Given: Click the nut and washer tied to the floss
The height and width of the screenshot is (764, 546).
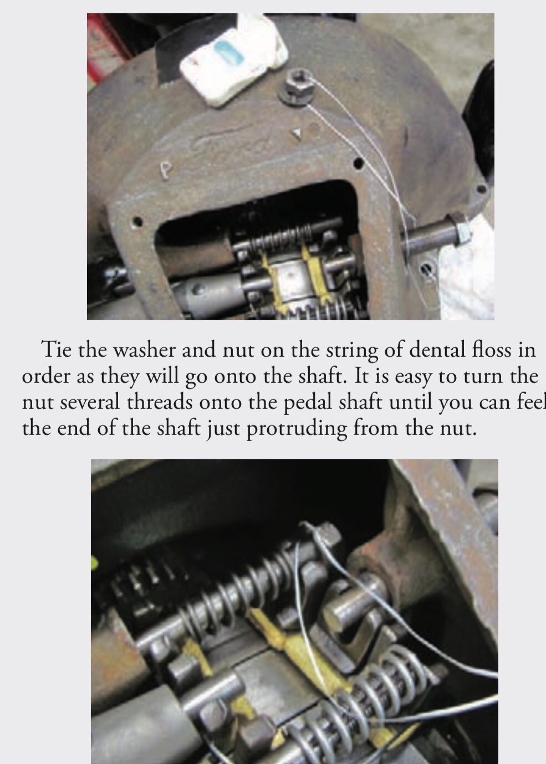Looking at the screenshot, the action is coord(298,88).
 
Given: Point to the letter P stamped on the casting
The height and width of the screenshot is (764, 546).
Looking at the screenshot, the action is coord(166,170).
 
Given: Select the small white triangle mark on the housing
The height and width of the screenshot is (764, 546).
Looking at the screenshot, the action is coord(298,134).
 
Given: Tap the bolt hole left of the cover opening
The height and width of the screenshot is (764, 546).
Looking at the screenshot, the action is coord(138,222).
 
